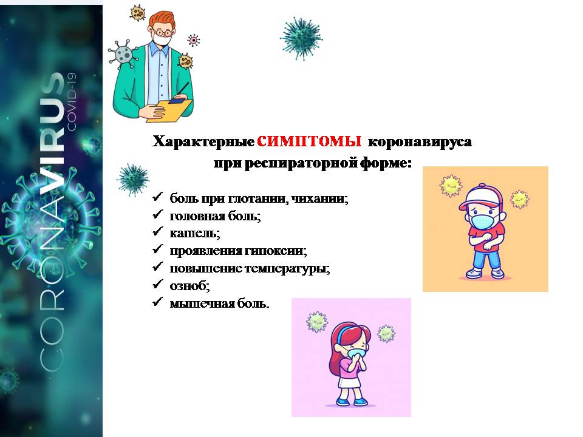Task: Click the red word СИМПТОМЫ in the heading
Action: click(309, 141)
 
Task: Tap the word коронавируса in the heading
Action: click(420, 141)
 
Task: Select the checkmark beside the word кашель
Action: click(158, 231)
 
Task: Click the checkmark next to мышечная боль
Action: click(158, 302)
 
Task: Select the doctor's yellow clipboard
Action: click(169, 110)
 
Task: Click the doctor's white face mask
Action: click(163, 40)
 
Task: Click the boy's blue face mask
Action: click(483, 222)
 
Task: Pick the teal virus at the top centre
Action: click(302, 38)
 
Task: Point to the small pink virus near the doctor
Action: click(193, 40)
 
